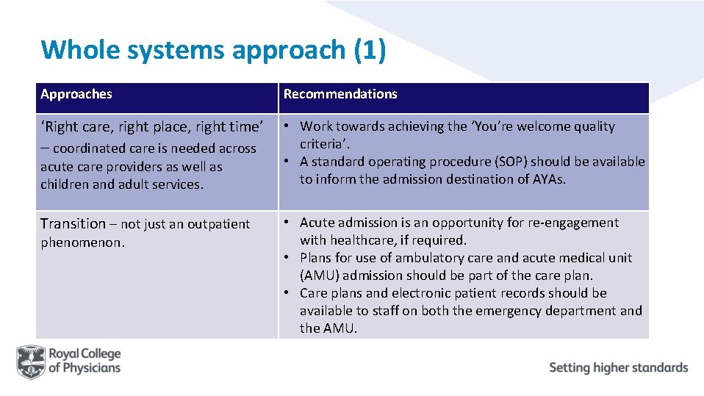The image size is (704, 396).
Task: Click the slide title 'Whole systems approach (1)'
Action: (x=213, y=50)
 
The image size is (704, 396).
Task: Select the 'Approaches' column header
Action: (x=76, y=94)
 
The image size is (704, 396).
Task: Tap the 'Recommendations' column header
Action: (x=340, y=94)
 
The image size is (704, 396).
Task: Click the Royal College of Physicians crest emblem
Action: (x=32, y=361)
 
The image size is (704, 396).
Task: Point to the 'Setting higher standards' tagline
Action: (x=618, y=367)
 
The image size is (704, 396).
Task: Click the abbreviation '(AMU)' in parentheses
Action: (x=319, y=276)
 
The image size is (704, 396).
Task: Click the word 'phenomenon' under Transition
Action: (x=81, y=242)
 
